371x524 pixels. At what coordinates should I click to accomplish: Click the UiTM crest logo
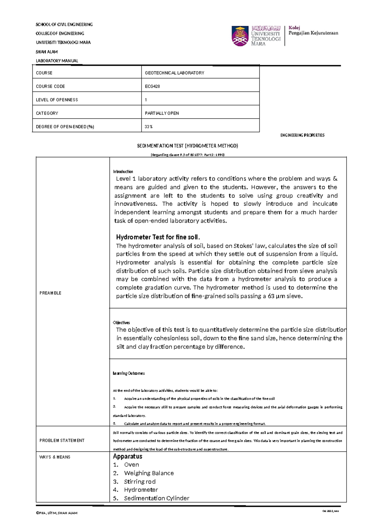point(240,36)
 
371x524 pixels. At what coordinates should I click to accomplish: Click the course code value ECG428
point(152,87)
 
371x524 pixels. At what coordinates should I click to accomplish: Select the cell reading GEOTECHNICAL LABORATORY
point(174,73)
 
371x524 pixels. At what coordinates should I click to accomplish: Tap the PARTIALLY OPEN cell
point(162,113)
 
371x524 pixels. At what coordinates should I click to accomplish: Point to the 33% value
point(149,127)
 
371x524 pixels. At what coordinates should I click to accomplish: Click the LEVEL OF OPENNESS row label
point(57,100)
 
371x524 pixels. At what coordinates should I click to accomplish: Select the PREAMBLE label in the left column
point(50,293)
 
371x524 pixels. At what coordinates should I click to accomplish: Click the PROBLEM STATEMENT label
point(62,441)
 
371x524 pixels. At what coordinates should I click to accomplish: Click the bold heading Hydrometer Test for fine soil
point(158,237)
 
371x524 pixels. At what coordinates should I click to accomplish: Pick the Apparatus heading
point(127,456)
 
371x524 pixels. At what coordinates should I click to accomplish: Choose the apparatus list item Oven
point(131,465)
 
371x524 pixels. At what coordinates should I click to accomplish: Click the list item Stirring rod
point(139,482)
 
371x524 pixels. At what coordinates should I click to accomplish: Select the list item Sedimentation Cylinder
point(156,498)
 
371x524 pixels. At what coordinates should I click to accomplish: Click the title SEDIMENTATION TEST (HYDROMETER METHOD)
point(187,146)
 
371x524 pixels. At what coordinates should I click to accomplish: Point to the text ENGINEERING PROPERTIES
point(302,135)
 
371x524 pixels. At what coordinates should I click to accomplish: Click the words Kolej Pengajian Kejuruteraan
point(313,31)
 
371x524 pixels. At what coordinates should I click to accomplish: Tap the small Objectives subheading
point(121,323)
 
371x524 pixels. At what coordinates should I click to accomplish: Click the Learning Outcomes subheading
point(129,373)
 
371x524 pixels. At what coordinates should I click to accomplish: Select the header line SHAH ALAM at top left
point(47,52)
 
